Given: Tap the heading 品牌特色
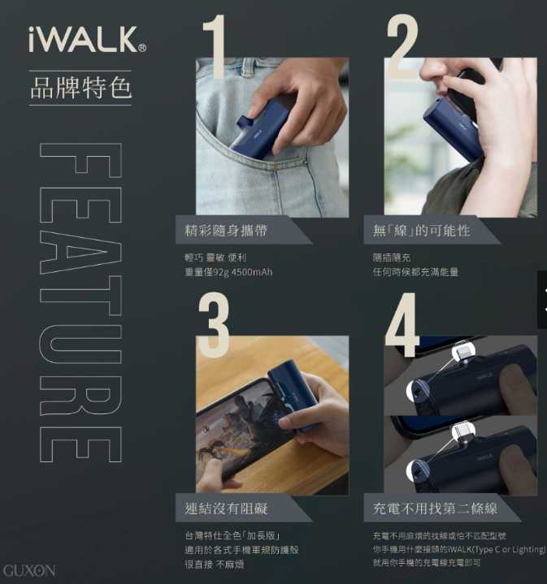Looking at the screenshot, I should [x=80, y=87].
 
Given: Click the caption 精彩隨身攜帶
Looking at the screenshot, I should [x=226, y=231].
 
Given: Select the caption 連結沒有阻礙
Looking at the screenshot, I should [x=226, y=508].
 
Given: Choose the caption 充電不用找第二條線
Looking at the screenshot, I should [x=435, y=508].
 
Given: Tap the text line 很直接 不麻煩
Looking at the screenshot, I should [x=215, y=564].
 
